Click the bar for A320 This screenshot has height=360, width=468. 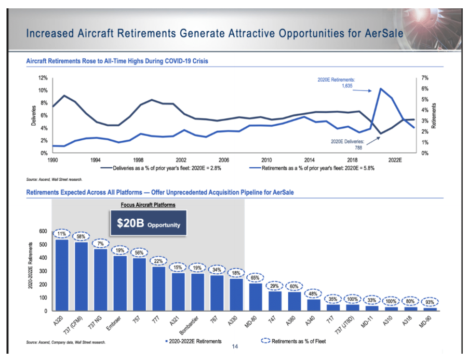pos(62,275)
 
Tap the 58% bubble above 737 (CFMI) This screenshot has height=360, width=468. pos(81,236)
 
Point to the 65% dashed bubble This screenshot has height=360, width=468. pos(256,277)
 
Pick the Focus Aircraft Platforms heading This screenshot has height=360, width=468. pos(148,205)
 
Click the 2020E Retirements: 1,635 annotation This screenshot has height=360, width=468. pos(341,83)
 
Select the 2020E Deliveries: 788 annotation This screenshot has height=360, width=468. pos(347,144)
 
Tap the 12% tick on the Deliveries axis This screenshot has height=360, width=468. pos(43,78)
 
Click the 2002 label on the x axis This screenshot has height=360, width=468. pos(181,160)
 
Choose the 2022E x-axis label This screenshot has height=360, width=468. pos(395,160)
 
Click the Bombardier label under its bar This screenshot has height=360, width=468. pos(194,324)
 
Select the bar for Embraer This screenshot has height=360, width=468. pos(120,283)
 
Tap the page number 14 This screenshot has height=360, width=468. pos(234,346)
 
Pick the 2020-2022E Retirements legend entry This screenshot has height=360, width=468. pos(193,341)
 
